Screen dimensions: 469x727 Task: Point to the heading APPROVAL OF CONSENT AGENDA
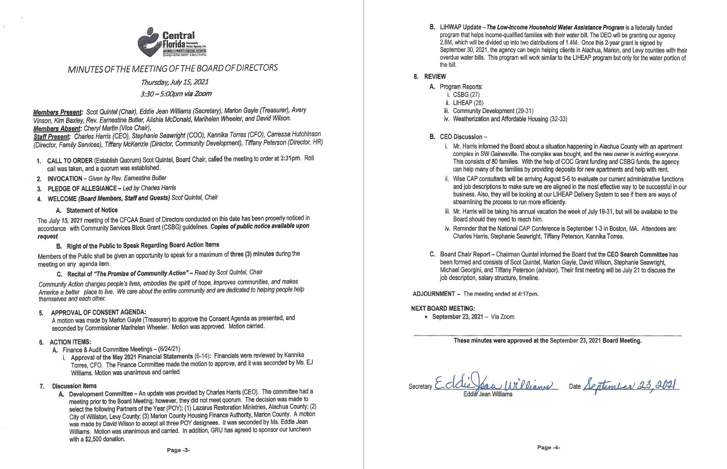[x=90, y=312]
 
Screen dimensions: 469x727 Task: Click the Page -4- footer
[x=548, y=447]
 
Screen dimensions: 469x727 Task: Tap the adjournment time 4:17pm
[x=527, y=294]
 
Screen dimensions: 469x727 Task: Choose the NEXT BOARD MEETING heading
[x=443, y=308]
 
